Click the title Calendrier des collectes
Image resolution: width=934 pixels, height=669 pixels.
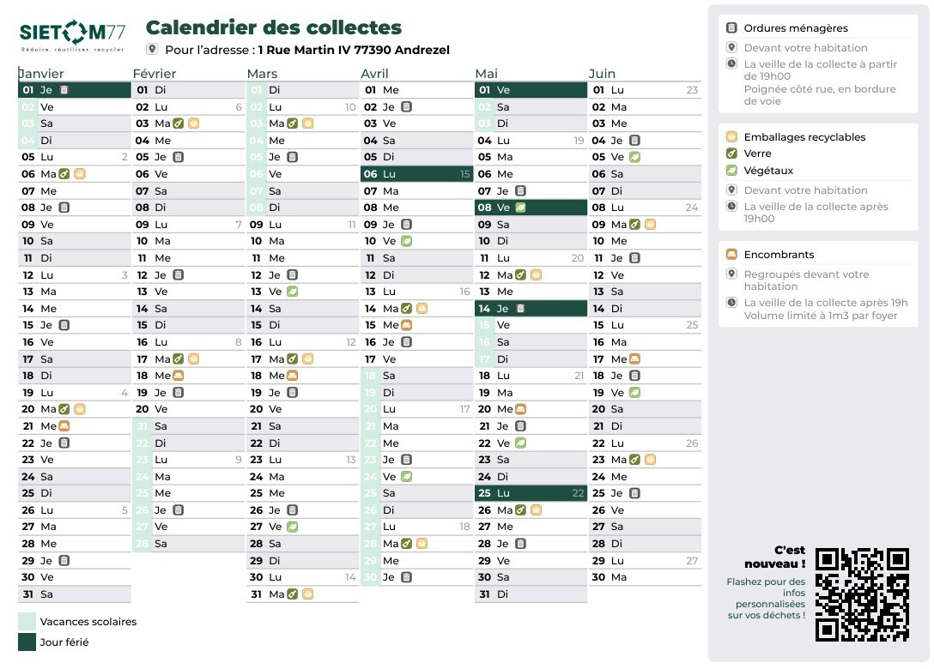click(x=274, y=28)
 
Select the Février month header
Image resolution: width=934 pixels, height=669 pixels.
click(x=155, y=74)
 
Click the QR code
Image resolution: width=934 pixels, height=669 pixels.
click(x=861, y=594)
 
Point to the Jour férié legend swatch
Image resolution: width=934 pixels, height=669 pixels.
click(x=27, y=642)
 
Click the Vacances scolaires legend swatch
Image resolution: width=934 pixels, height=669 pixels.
click(x=27, y=621)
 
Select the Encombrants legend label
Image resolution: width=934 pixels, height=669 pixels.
click(x=779, y=255)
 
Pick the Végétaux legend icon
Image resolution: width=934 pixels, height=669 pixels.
click(x=731, y=171)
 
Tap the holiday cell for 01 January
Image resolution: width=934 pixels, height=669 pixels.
click(x=74, y=90)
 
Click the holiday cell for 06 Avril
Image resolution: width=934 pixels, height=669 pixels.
click(x=416, y=174)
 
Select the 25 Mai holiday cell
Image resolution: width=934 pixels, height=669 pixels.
click(x=531, y=493)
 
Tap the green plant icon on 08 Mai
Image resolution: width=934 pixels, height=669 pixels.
click(x=520, y=208)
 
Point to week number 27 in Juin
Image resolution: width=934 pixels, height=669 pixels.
click(x=692, y=561)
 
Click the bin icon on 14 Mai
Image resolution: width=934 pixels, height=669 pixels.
click(x=519, y=309)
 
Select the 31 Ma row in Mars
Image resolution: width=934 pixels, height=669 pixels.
click(x=302, y=594)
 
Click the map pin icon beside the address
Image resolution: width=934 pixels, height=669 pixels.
click(x=153, y=50)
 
